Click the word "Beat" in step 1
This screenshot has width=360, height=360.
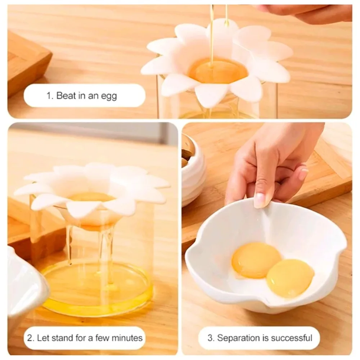click(66, 95)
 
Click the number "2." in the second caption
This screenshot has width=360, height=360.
click(31, 338)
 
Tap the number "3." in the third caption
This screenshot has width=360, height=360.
click(211, 338)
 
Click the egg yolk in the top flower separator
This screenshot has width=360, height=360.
click(218, 71)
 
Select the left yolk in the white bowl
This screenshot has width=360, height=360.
click(256, 260)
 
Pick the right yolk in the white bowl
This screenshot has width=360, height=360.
click(290, 278)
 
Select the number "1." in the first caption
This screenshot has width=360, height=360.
click(50, 95)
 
